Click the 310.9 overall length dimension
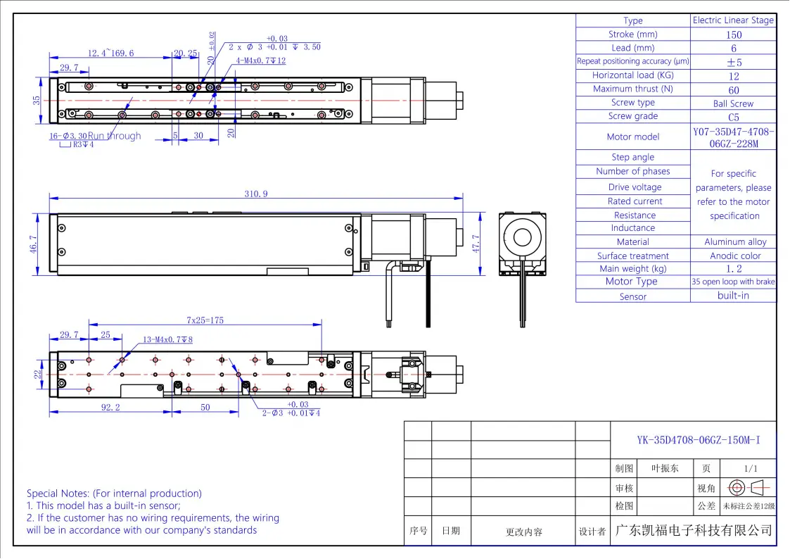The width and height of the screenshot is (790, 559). (256, 194)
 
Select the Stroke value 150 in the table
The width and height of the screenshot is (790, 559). (734, 34)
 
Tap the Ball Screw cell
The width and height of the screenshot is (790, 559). (734, 103)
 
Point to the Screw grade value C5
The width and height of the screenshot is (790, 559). (734, 118)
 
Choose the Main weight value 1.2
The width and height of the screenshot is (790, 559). (734, 269)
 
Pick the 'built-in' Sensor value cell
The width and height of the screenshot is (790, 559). (734, 296)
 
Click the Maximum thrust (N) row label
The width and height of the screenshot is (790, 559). (632, 89)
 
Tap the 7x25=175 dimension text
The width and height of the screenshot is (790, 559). (205, 320)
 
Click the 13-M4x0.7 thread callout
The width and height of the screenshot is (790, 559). (167, 339)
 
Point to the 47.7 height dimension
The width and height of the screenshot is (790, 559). (476, 243)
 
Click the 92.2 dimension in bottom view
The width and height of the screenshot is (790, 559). (110, 408)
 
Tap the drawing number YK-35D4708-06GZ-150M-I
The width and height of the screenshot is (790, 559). (694, 441)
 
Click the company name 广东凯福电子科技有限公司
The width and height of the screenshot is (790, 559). (694, 530)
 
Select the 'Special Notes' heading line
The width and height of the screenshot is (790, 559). (114, 494)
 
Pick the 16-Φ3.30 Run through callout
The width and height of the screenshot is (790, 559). (95, 136)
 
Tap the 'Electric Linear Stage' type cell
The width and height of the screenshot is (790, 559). (733, 20)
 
